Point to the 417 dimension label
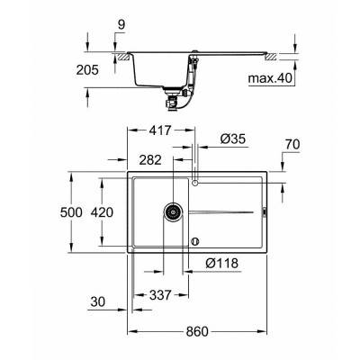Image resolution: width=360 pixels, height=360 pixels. tap(162, 130)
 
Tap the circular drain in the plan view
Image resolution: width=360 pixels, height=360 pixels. tap(171, 213)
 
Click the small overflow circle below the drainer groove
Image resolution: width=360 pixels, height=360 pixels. tap(195, 241)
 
